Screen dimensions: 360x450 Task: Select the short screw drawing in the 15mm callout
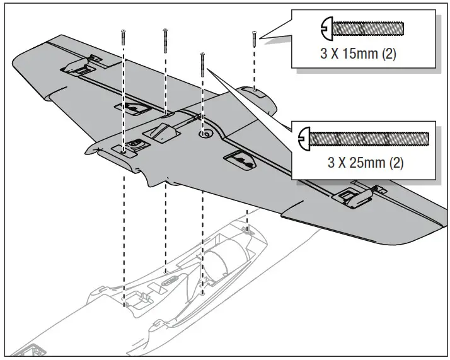(362, 28)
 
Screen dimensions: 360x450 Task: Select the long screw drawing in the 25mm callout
(366, 137)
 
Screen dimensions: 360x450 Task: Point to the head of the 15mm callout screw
(326, 28)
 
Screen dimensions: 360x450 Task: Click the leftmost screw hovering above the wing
(123, 38)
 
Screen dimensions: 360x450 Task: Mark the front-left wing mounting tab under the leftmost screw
(126, 149)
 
